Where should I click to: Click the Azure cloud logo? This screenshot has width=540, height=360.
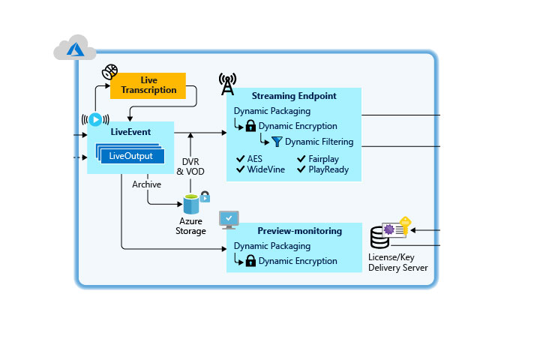[74, 49]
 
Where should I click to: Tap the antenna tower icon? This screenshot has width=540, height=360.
[227, 84]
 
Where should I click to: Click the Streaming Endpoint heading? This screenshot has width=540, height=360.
[294, 96]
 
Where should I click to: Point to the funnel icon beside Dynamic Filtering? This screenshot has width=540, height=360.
[277, 142]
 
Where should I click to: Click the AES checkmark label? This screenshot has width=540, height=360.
[251, 159]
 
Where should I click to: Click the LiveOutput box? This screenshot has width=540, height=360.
[131, 156]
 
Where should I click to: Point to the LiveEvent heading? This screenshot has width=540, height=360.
[130, 132]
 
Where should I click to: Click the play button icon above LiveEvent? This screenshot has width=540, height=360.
[95, 119]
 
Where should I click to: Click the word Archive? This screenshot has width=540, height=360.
[146, 184]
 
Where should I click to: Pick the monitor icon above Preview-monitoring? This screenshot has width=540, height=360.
[229, 219]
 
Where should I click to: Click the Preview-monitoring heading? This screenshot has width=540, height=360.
[299, 231]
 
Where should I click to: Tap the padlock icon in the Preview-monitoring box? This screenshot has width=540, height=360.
[251, 261]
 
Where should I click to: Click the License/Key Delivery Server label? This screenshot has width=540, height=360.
[398, 262]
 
